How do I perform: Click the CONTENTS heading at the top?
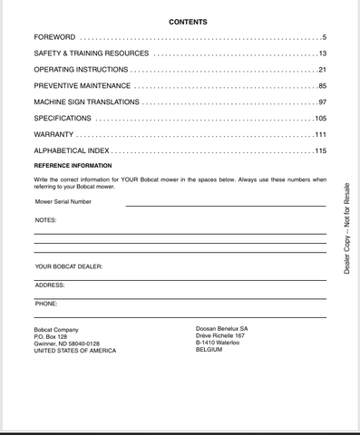click(188, 22)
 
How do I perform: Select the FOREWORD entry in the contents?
click(55, 38)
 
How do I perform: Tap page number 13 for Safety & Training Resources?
click(321, 54)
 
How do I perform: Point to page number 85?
click(321, 86)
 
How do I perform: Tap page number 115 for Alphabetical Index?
click(319, 150)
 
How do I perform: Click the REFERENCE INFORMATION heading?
click(73, 167)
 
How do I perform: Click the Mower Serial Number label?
click(63, 201)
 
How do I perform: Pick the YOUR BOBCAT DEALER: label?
click(69, 266)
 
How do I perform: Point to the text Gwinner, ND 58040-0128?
click(66, 343)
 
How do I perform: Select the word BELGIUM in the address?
click(210, 350)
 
